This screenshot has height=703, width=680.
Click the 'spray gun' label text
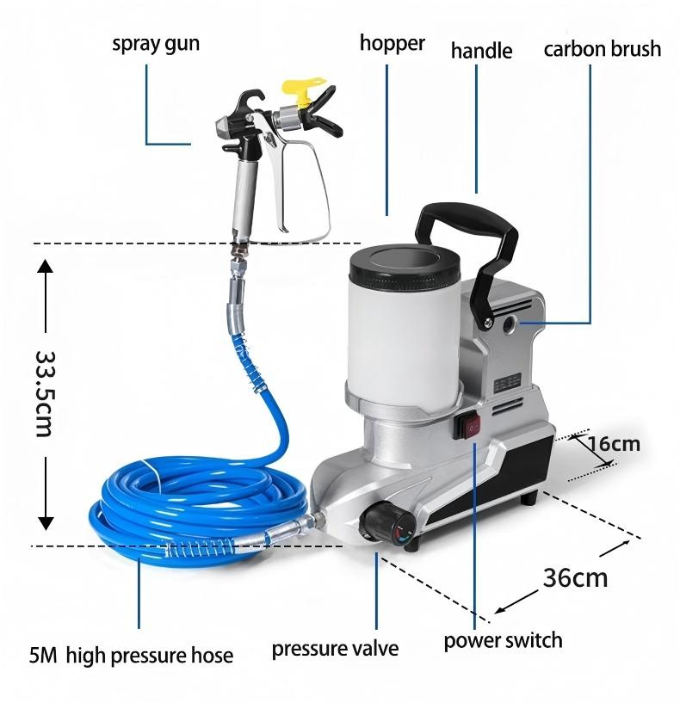tap(156, 43)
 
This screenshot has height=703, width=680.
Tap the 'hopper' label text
tap(392, 42)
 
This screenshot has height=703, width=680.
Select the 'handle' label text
tap(481, 51)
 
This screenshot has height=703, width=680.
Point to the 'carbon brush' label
tap(603, 48)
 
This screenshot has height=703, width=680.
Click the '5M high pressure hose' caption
tap(131, 656)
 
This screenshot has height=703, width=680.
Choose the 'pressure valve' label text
tap(335, 649)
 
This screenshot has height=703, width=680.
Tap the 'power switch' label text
tap(503, 640)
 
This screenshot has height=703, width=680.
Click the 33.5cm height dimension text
tap(45, 392)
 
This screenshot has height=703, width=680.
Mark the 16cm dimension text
tap(614, 444)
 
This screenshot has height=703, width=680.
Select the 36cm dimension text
tap(575, 577)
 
